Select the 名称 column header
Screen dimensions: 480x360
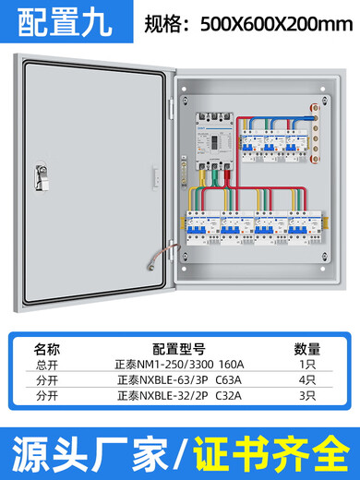[x=46, y=349]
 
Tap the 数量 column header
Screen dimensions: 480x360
[x=307, y=349]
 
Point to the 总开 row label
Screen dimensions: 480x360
[x=46, y=364]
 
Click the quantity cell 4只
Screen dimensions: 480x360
[x=307, y=378]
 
